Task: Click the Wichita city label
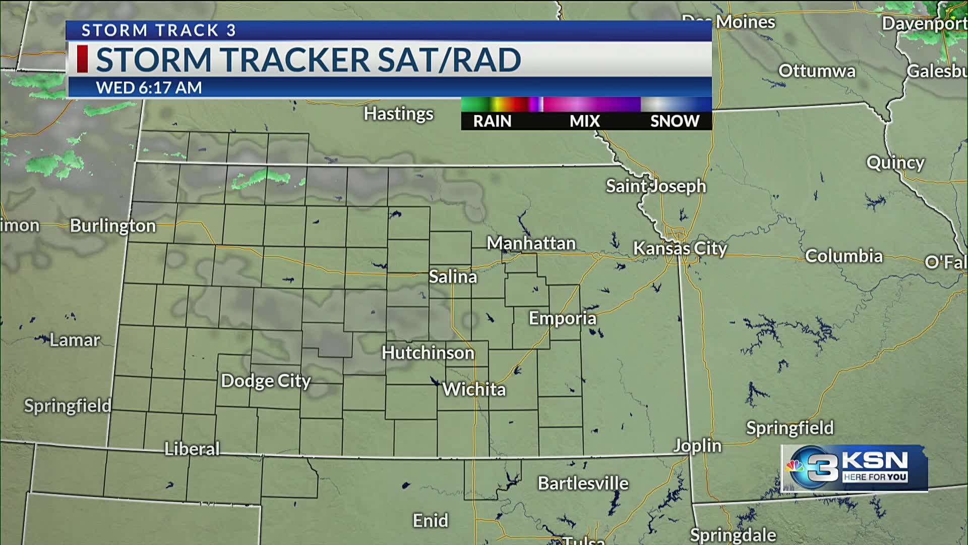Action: pos(474,390)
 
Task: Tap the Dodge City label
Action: pos(266,381)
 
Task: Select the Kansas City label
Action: pos(680,248)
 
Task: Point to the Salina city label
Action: pos(453,277)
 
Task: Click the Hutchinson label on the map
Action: pos(428,353)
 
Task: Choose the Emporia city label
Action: pos(562,318)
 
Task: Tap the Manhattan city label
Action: pos(531,243)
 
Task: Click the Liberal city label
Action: pos(192,449)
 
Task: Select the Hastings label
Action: pos(398,114)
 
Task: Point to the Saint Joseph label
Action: pos(656,186)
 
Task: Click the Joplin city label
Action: pos(698,446)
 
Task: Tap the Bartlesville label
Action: pos(583,483)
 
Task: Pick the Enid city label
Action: pos(430,520)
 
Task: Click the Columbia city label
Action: pos(843,256)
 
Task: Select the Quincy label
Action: pos(895,162)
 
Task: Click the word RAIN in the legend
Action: pos(492,121)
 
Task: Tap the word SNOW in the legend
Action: pos(675,121)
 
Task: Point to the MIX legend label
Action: pos(585,121)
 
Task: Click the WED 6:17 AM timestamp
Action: pos(149,88)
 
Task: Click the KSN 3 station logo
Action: pos(854,468)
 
